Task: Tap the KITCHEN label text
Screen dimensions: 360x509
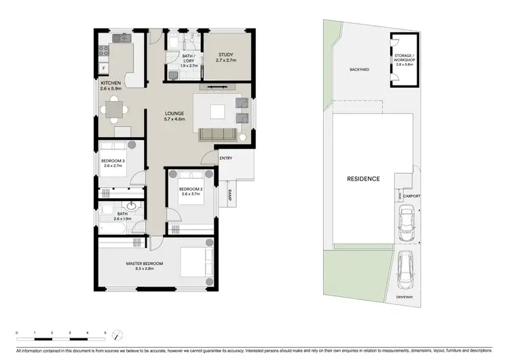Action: (x=110, y=83)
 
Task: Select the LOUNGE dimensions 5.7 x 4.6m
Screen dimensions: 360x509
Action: (x=176, y=120)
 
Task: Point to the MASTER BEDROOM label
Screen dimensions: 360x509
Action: (x=140, y=264)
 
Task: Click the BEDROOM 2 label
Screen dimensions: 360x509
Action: (x=188, y=188)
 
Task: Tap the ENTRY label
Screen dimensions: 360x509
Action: (x=226, y=158)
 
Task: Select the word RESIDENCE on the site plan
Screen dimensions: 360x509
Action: (x=363, y=179)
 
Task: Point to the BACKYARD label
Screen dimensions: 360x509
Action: (x=359, y=69)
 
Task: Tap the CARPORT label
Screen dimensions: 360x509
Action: (x=411, y=196)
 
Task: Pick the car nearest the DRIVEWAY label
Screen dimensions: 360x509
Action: (x=406, y=268)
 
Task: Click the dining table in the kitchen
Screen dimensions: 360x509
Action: (x=113, y=108)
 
